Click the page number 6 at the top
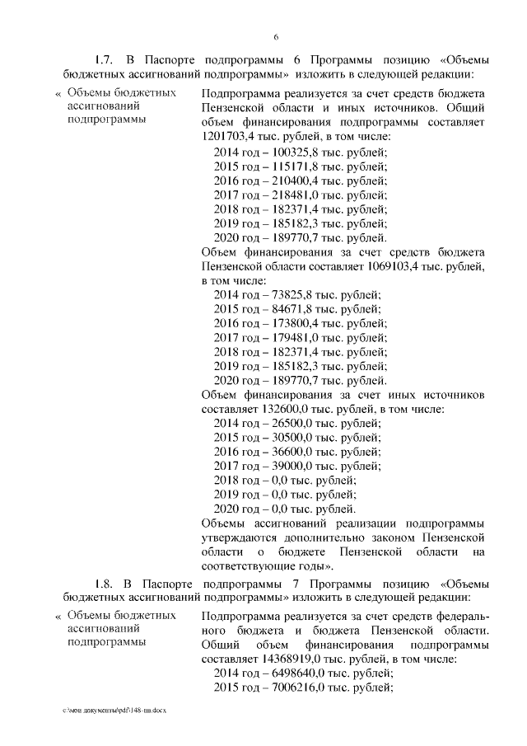click(276, 37)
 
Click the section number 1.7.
click(104, 61)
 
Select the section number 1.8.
click(104, 584)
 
